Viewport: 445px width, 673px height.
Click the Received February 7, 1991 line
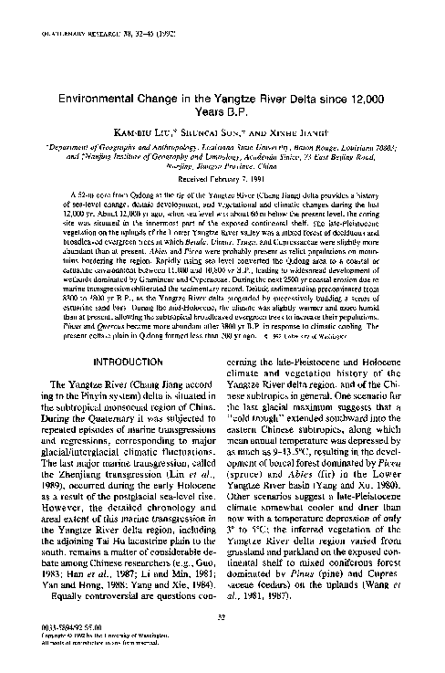coord(222,179)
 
